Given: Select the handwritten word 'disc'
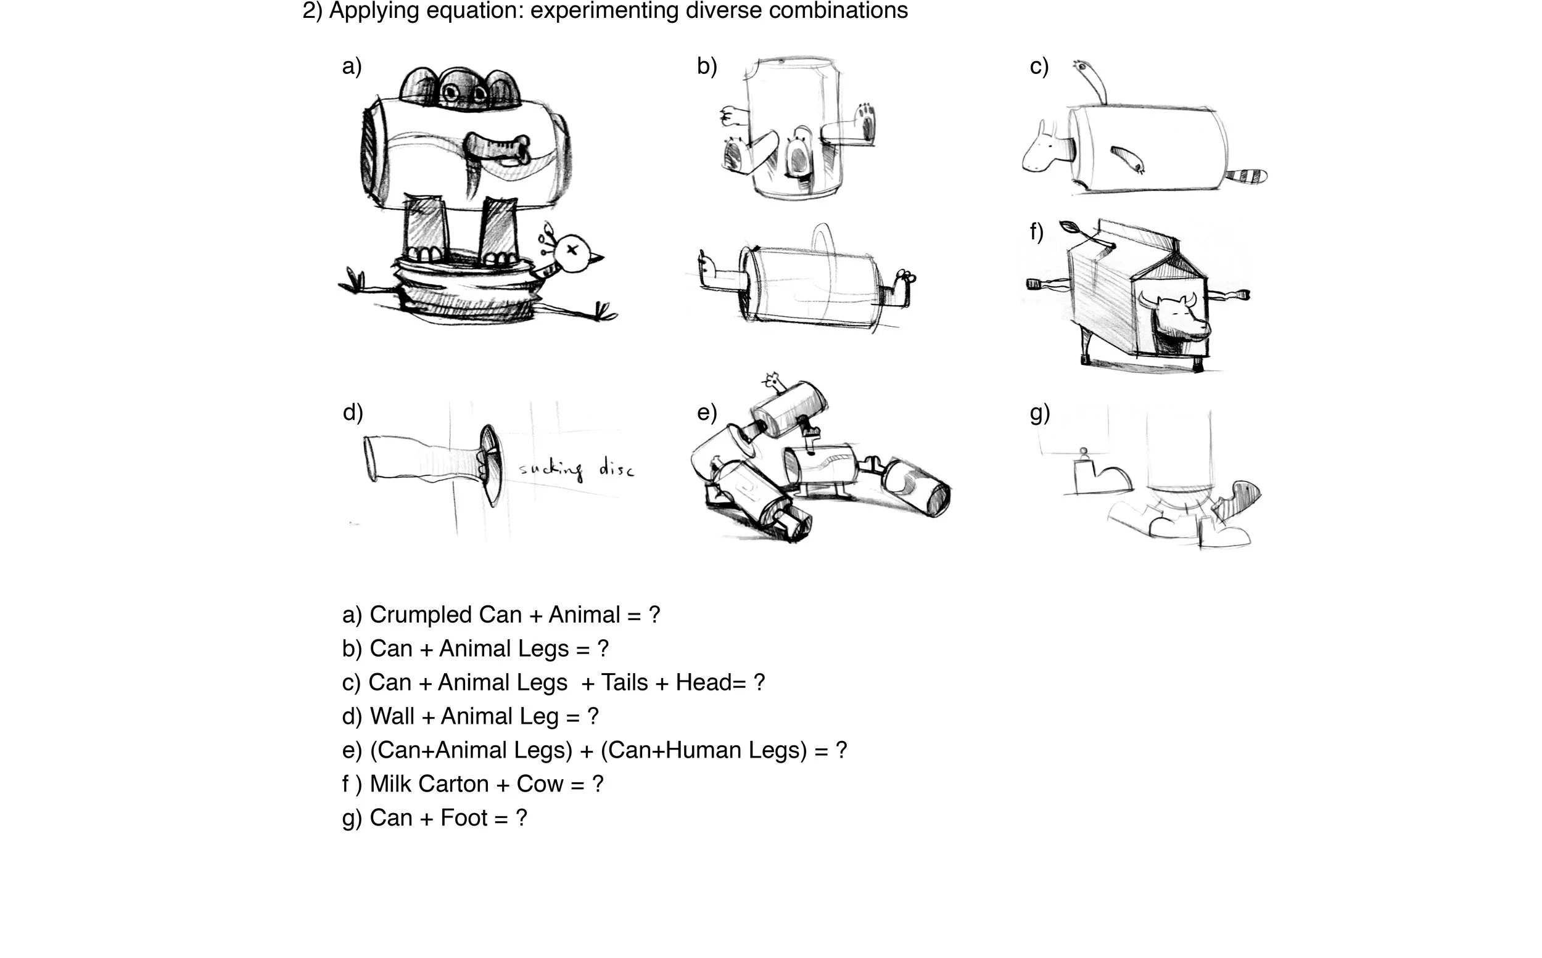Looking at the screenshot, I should coord(616,469).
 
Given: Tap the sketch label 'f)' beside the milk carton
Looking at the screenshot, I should coord(1036,232).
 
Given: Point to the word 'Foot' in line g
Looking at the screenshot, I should coord(464,817).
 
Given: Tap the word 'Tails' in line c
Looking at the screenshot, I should coord(624,682).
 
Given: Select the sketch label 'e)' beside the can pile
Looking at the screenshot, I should coord(707,412).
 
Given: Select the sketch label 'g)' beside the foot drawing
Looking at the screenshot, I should coord(1039,413).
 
